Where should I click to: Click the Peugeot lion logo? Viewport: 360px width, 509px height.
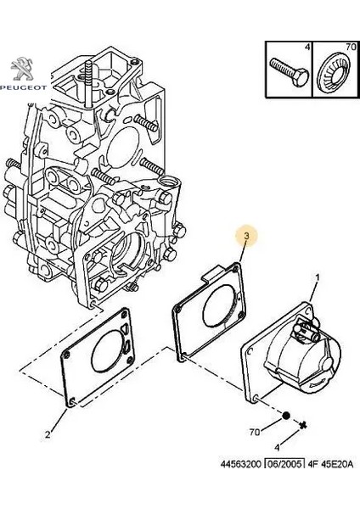[x=23, y=69]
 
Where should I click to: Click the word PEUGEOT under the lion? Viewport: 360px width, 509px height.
[x=24, y=87]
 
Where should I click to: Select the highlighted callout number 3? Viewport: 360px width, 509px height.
[x=246, y=236]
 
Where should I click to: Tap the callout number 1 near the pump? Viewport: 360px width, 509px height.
[x=318, y=277]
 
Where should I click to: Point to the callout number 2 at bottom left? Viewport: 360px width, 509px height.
[x=48, y=434]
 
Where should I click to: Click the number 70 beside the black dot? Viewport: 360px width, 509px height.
[x=255, y=432]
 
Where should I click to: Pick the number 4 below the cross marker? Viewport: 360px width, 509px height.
[x=277, y=448]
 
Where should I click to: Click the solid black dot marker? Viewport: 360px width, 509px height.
[x=285, y=416]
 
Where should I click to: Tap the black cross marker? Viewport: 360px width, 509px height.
[x=303, y=425]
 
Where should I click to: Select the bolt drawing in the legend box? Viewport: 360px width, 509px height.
[x=289, y=72]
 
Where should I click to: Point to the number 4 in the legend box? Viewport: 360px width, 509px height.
[x=307, y=47]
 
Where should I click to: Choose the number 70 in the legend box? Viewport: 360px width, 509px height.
[x=351, y=47]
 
